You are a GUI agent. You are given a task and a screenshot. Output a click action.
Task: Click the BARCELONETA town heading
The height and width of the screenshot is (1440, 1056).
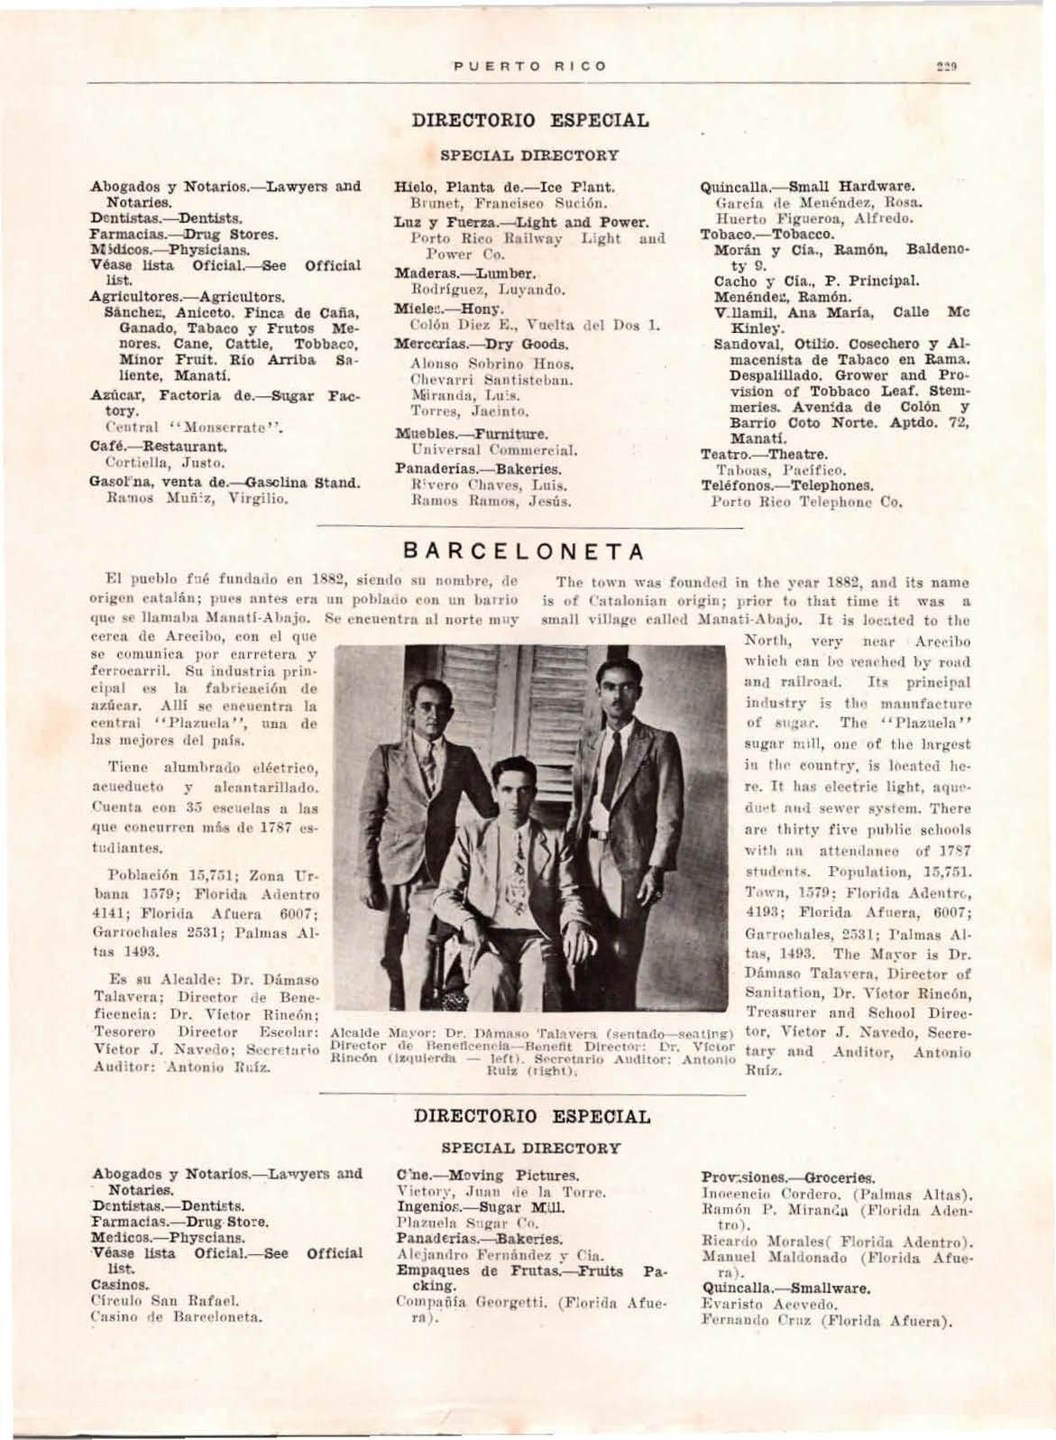tap(524, 551)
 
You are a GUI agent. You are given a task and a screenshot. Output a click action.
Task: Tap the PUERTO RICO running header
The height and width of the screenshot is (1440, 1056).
tap(529, 67)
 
